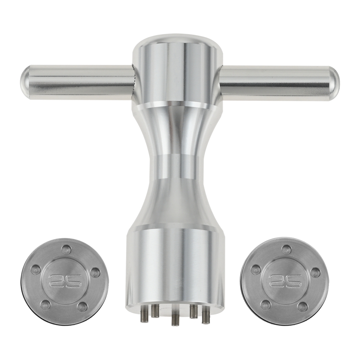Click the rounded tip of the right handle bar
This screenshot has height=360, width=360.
pos(336,83)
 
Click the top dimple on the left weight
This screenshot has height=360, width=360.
pos(67,249)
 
